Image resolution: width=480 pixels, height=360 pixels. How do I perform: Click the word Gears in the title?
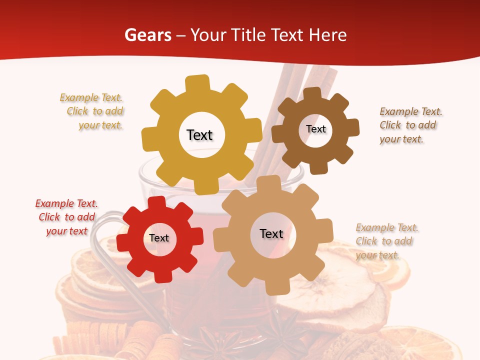point(147,35)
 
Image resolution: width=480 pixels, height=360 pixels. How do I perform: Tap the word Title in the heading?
point(250,35)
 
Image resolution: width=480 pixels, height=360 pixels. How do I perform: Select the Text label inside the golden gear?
point(199,135)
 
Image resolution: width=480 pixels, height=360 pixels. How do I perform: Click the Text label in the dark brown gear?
point(315,129)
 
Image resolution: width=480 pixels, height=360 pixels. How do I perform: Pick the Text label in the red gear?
point(159,238)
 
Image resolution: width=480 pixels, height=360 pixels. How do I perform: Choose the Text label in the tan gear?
point(271,233)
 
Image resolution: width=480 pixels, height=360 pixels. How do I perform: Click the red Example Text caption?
point(66,217)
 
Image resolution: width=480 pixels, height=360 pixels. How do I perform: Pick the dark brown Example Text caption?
point(410,125)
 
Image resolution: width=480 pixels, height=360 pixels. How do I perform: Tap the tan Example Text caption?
point(386,241)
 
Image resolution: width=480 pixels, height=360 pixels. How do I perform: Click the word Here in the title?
point(327,35)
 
